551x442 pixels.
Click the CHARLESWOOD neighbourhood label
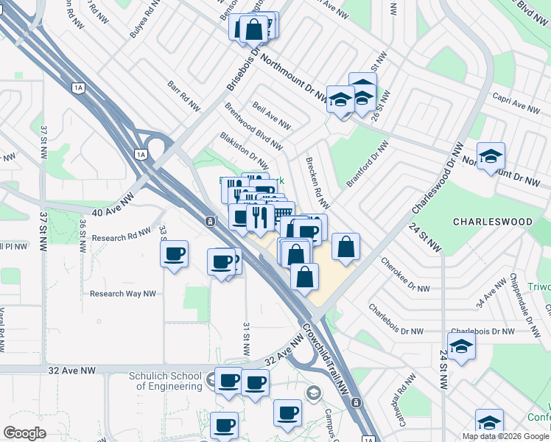coord(492,221)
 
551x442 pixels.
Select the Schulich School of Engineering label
coord(155,381)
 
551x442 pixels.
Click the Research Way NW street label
coord(123,293)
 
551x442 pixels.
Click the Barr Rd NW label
coord(184,97)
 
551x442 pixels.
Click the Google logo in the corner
coord(25,433)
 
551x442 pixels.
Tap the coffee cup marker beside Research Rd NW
coord(174,254)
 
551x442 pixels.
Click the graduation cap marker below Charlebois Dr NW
coord(461,345)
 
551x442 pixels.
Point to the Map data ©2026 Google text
coord(505,436)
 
